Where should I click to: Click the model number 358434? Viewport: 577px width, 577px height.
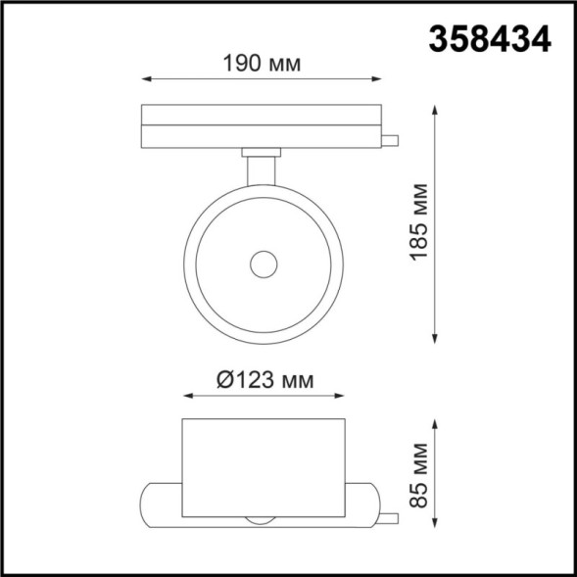pyautogui.click(x=489, y=37)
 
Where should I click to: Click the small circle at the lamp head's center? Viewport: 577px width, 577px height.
pyautogui.click(x=263, y=264)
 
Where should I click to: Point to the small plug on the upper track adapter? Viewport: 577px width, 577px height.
pyautogui.click(x=391, y=139)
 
